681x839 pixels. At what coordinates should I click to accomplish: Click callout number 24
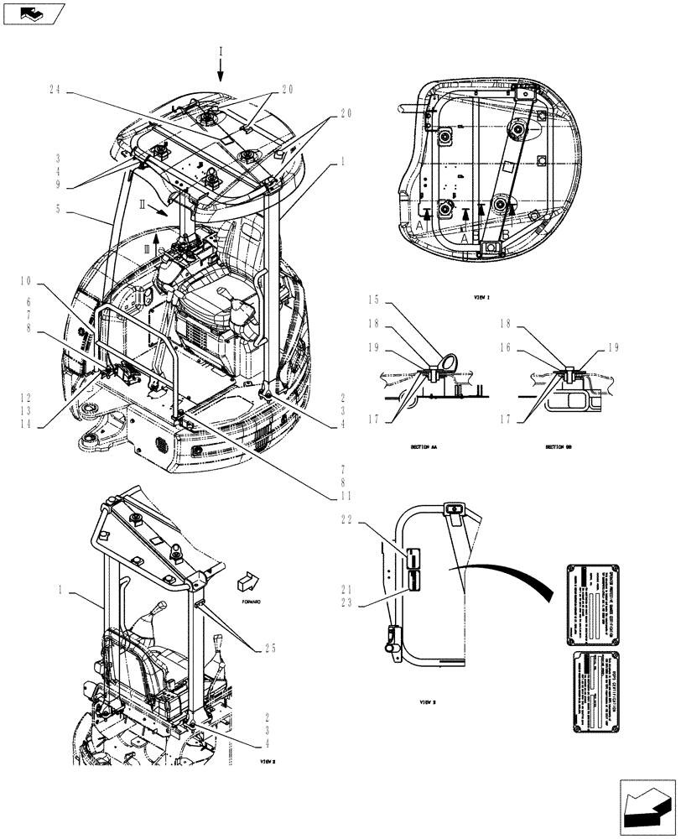(56, 90)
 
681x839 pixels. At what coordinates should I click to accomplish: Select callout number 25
(270, 647)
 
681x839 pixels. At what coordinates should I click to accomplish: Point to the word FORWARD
(250, 602)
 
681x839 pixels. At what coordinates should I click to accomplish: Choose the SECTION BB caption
(560, 447)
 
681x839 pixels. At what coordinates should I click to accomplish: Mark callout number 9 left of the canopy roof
(56, 185)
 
